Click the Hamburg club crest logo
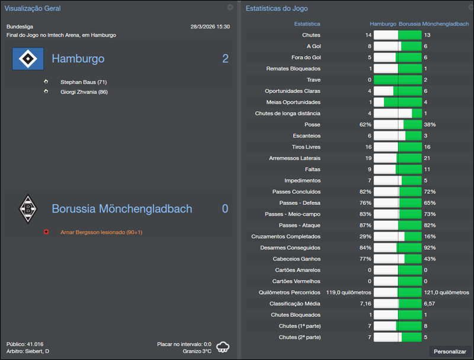click(x=28, y=59)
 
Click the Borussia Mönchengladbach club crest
click(x=27, y=208)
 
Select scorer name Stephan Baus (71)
click(x=84, y=82)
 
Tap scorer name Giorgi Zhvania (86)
click(x=84, y=92)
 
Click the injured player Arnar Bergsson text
click(x=101, y=232)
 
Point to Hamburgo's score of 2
click(x=225, y=59)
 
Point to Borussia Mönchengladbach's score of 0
click(x=225, y=209)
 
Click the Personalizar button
click(x=450, y=352)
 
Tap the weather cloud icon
click(x=223, y=347)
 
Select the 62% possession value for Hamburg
click(x=365, y=125)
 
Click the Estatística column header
click(x=307, y=24)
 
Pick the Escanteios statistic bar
click(x=398, y=136)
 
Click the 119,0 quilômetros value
click(x=349, y=292)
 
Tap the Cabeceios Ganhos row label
click(x=297, y=259)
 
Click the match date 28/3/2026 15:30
click(x=210, y=27)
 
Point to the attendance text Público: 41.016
click(x=25, y=344)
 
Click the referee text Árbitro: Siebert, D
click(x=28, y=352)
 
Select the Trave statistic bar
click(x=398, y=80)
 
